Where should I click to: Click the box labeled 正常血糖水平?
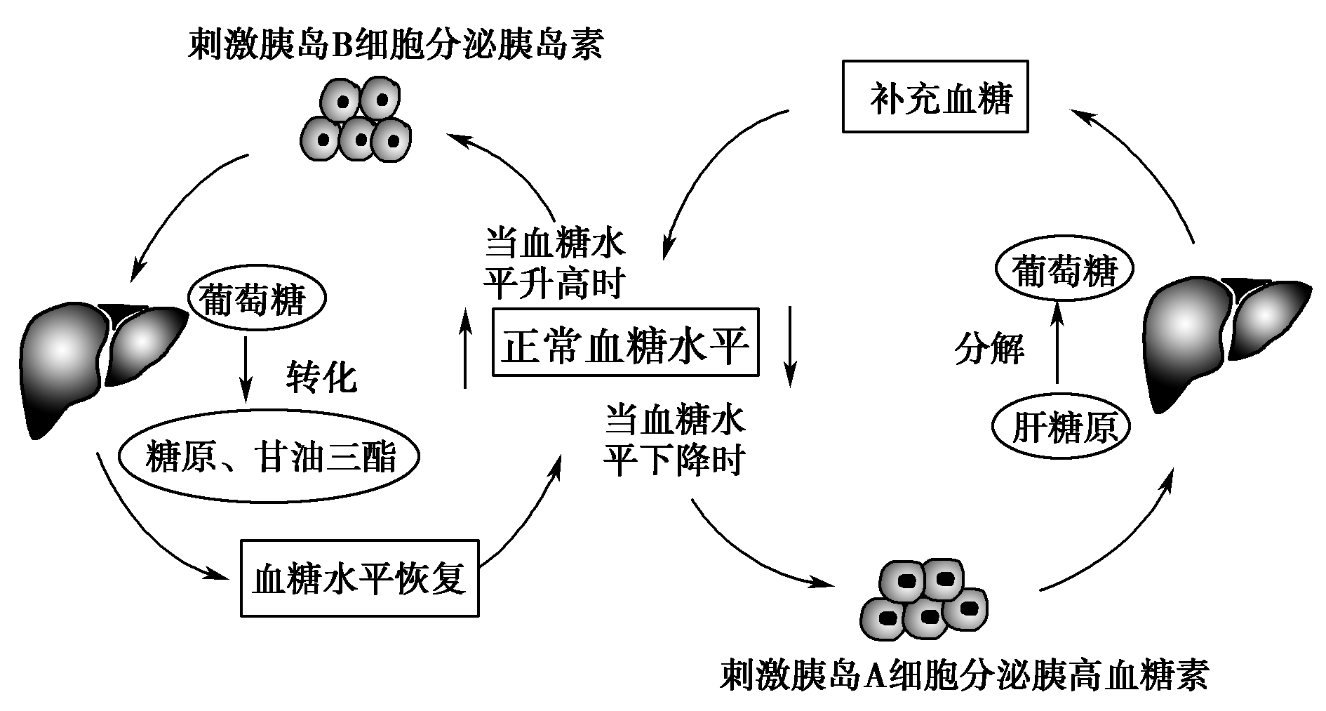(x=625, y=342)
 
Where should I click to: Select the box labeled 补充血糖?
(x=935, y=97)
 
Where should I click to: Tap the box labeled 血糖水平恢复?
(x=359, y=578)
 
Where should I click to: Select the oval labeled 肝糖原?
(x=1062, y=427)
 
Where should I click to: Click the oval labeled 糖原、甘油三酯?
(x=270, y=457)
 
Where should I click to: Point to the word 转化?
(x=321, y=377)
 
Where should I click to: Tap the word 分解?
(x=989, y=349)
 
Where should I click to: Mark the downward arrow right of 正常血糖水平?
(x=791, y=346)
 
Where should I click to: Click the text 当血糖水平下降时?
(x=675, y=440)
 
